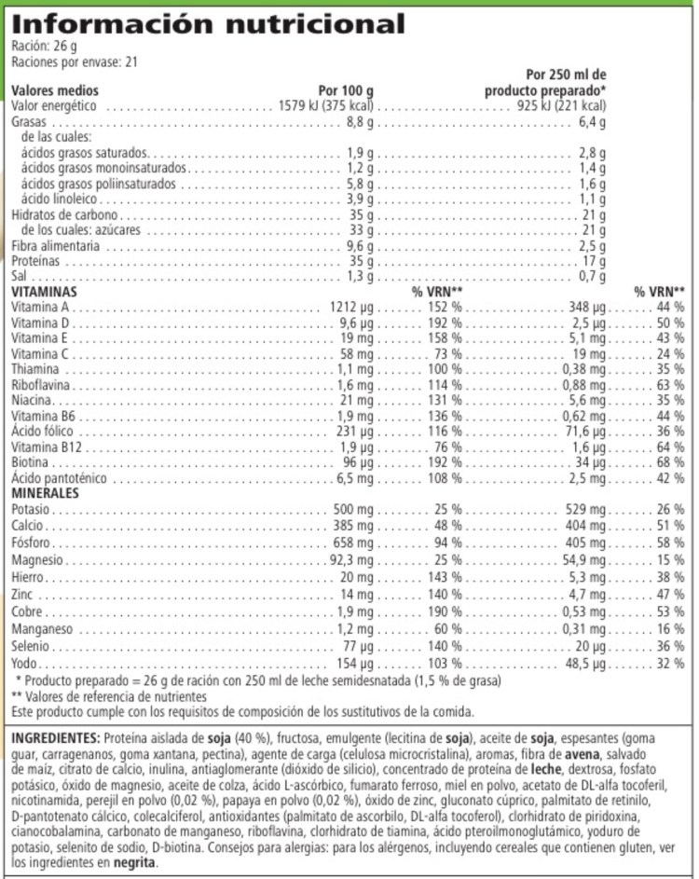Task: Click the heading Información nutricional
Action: (209, 22)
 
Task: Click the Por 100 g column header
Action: (345, 90)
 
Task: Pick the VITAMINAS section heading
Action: (44, 292)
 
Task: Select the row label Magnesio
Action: (37, 559)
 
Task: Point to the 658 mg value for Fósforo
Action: (350, 543)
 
